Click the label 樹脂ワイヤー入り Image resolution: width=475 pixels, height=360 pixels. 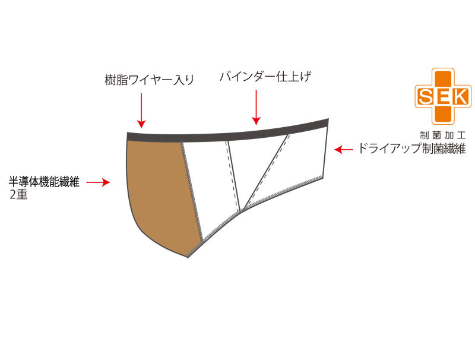150,80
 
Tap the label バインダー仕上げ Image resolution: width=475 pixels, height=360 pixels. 265,77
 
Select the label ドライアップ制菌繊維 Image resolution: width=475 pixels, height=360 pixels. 412,149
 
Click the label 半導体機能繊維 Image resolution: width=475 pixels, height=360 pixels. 44,182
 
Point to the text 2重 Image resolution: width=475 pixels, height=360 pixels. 18,194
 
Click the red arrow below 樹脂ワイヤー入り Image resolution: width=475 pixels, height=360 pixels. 141,110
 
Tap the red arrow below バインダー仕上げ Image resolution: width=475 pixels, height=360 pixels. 256,108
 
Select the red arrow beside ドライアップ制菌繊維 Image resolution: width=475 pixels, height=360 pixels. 344,149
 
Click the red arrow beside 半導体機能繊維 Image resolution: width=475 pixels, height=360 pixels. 98,182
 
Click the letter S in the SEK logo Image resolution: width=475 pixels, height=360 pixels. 425,97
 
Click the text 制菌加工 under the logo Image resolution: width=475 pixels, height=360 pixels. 442,135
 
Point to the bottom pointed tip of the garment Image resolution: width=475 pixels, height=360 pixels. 188,257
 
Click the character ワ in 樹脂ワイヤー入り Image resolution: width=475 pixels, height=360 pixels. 133,80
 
